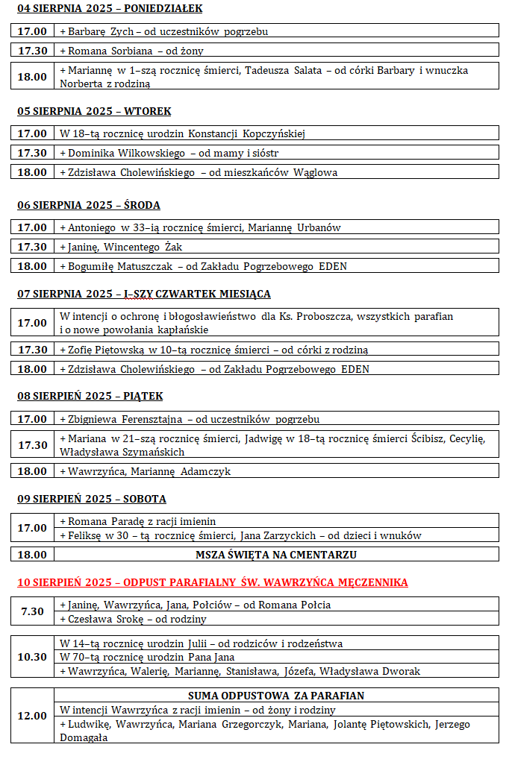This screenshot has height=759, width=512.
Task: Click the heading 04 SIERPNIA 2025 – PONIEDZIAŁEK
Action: (110, 9)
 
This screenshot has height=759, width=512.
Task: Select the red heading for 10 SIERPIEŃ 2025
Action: (213, 582)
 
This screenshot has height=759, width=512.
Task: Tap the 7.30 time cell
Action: (32, 611)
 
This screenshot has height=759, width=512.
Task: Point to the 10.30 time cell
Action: (32, 657)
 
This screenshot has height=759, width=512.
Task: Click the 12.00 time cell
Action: (32, 716)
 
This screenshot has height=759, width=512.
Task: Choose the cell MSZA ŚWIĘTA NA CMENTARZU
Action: (276, 555)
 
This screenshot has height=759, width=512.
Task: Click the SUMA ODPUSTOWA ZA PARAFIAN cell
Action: (276, 696)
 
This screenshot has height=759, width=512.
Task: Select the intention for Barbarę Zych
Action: (164, 31)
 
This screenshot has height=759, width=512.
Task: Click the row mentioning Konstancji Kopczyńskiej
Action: (183, 134)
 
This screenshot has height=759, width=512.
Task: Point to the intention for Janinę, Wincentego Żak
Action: (121, 247)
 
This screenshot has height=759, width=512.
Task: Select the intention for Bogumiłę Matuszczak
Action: (203, 266)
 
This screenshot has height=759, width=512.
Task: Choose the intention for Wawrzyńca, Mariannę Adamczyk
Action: (146, 471)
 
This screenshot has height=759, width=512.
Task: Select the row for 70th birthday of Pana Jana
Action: (147, 657)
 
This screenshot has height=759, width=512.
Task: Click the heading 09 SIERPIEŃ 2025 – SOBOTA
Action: (92, 499)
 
